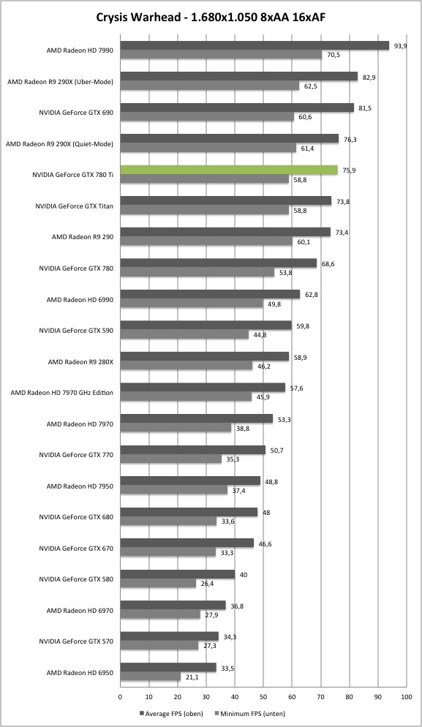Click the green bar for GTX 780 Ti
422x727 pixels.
(x=229, y=170)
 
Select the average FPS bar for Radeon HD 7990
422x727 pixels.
(x=255, y=45)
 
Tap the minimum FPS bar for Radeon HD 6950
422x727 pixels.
(x=151, y=677)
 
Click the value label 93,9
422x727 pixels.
(x=400, y=45)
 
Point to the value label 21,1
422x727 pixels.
(x=192, y=677)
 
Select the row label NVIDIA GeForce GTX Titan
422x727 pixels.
(x=74, y=206)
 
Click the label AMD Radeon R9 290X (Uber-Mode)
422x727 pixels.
(x=60, y=82)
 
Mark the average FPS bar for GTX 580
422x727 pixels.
(x=178, y=574)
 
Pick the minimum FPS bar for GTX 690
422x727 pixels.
(x=207, y=117)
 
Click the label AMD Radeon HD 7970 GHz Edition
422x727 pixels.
(x=62, y=392)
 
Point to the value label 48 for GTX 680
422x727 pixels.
(x=267, y=512)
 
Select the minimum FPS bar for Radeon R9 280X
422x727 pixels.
(x=186, y=366)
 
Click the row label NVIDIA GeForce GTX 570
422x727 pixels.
(x=76, y=641)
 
